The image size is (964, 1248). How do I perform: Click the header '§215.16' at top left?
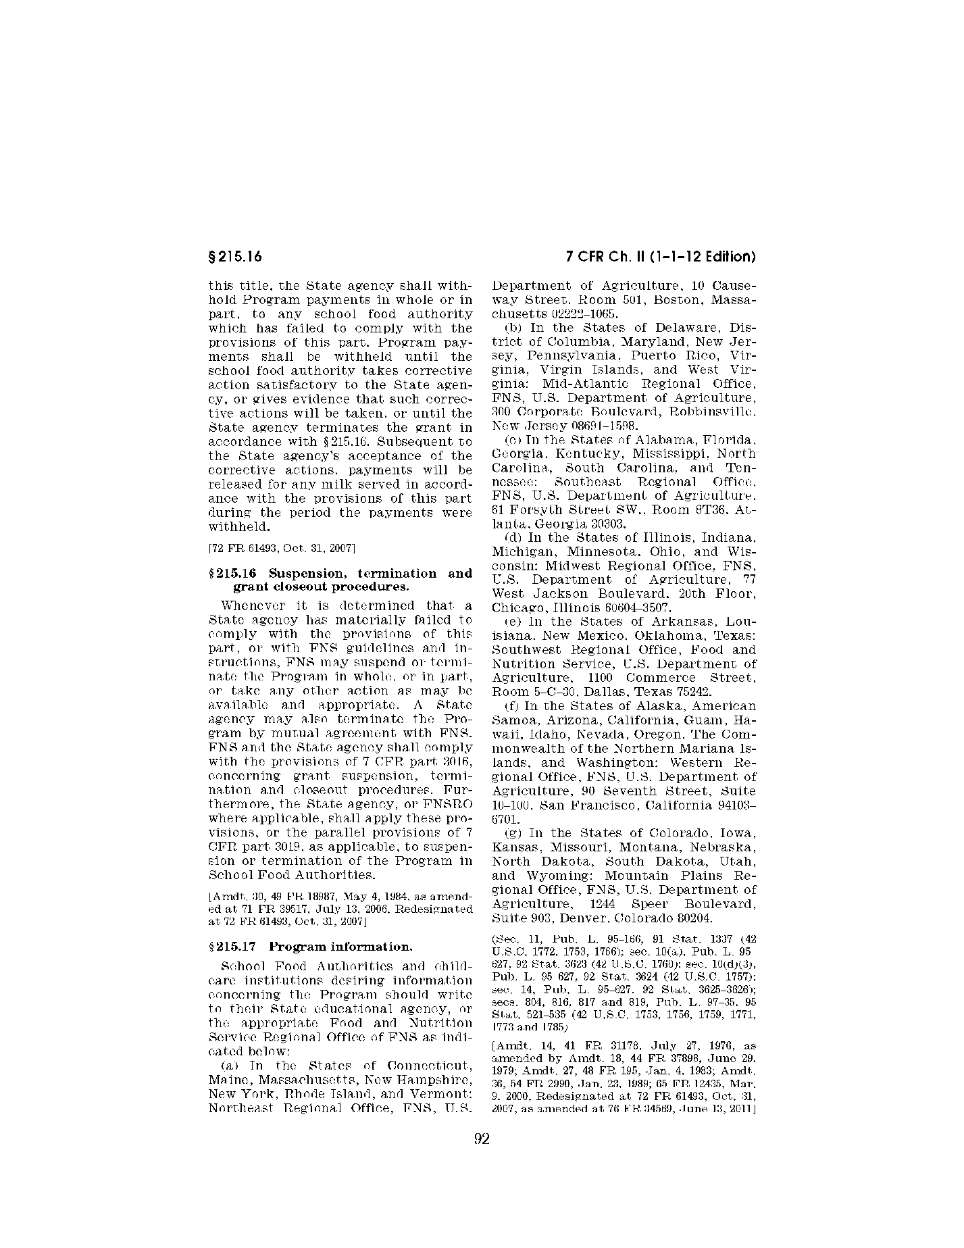[x=234, y=257]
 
